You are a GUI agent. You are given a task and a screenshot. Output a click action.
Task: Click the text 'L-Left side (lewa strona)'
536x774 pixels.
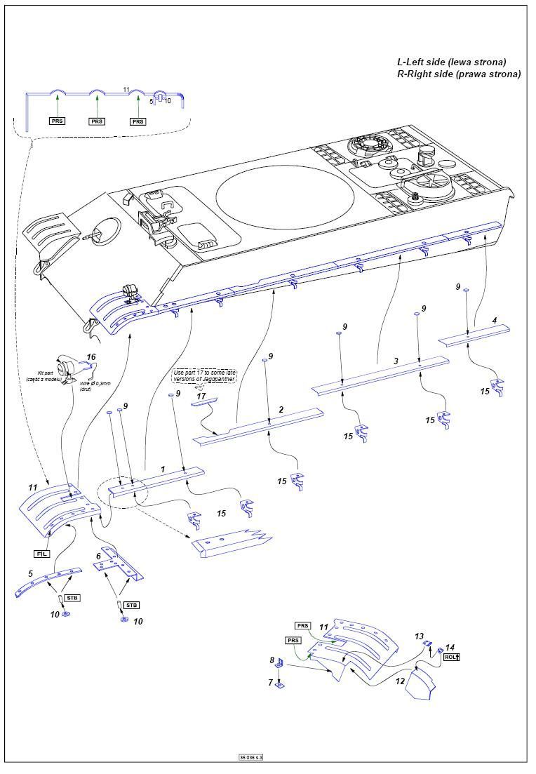pyautogui.click(x=451, y=62)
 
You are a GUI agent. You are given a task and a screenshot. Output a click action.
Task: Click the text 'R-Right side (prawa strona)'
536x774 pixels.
pyautogui.click(x=459, y=74)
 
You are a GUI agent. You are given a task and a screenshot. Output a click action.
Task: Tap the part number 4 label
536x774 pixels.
pyautogui.click(x=495, y=321)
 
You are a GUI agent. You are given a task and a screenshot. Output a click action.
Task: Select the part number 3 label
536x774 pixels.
pyautogui.click(x=396, y=361)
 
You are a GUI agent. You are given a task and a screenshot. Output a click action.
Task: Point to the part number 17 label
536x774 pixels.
pyautogui.click(x=201, y=396)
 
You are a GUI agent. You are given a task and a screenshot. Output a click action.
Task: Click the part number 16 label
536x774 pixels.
pyautogui.click(x=91, y=357)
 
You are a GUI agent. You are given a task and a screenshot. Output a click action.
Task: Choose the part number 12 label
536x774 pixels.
pyautogui.click(x=399, y=680)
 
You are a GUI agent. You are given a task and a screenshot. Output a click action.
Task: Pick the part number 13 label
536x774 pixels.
pyautogui.click(x=420, y=636)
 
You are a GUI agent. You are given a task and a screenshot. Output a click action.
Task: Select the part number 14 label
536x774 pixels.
pyautogui.click(x=450, y=647)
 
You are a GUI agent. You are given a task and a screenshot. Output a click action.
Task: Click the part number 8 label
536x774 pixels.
pyautogui.click(x=272, y=660)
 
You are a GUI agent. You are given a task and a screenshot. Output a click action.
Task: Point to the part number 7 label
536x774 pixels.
pyautogui.click(x=271, y=681)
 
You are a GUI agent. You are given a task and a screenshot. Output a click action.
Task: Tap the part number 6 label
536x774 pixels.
pyautogui.click(x=99, y=556)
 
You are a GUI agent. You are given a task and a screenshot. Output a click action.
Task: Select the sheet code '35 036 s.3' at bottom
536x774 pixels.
pyautogui.click(x=255, y=758)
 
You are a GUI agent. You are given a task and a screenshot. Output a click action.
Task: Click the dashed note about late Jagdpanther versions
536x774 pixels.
pyautogui.click(x=205, y=375)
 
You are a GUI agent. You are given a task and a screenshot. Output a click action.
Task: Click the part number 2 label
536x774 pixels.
pyautogui.click(x=281, y=409)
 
